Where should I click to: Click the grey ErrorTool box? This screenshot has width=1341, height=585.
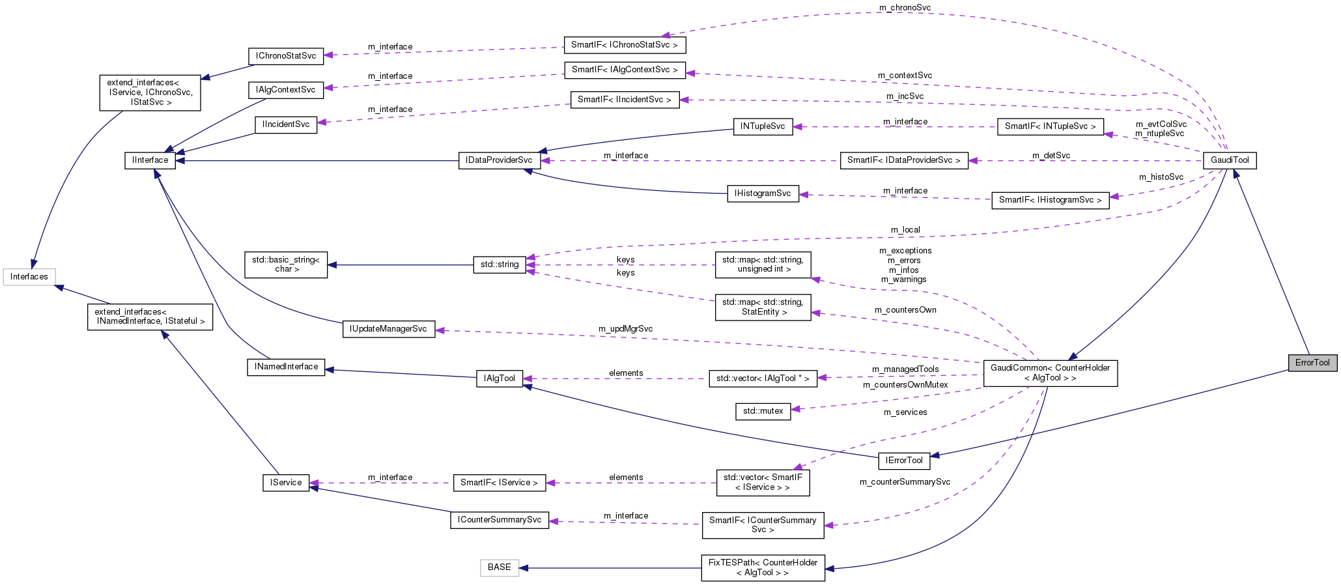click(x=1312, y=363)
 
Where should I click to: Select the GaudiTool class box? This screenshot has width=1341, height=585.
click(x=1230, y=160)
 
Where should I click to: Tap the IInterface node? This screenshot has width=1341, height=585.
click(x=150, y=160)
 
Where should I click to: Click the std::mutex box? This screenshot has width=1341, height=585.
click(x=763, y=411)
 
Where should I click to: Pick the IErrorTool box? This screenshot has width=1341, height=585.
click(x=904, y=461)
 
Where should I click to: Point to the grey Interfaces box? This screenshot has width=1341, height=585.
click(x=29, y=277)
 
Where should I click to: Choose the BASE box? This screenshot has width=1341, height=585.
click(x=499, y=567)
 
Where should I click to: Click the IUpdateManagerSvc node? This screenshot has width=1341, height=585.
click(x=388, y=329)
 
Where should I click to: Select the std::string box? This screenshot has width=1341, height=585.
click(x=500, y=264)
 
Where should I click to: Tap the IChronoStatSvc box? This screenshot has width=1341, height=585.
click(x=286, y=56)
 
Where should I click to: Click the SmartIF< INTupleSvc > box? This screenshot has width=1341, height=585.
click(x=1050, y=126)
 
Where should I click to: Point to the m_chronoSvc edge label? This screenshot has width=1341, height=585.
click(x=905, y=8)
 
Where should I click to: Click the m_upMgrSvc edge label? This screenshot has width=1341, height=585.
click(x=625, y=329)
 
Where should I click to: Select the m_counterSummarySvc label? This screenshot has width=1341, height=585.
click(x=905, y=482)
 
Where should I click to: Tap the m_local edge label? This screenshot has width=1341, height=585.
click(x=905, y=230)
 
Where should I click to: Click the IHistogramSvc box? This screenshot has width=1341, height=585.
click(x=762, y=193)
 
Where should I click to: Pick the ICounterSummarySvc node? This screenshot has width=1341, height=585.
click(x=499, y=520)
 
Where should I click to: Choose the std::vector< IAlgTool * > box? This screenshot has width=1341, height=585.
click(x=762, y=378)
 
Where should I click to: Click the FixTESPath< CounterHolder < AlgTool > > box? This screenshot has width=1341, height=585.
click(x=762, y=567)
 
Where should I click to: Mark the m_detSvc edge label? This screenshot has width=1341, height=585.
click(x=1051, y=156)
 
